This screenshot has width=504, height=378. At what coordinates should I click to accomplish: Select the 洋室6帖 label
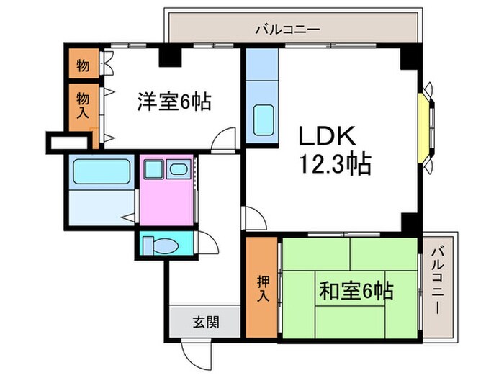point(174,101)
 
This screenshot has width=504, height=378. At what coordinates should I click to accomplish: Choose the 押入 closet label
point(261,287)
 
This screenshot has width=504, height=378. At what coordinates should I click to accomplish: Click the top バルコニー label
point(287,30)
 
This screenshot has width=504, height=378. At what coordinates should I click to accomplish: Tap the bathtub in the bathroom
point(101,174)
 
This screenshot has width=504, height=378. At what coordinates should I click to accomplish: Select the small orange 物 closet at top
point(84,65)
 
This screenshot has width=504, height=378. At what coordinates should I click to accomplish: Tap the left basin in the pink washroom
point(153,170)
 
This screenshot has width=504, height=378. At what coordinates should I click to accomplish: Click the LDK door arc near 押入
point(253,218)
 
